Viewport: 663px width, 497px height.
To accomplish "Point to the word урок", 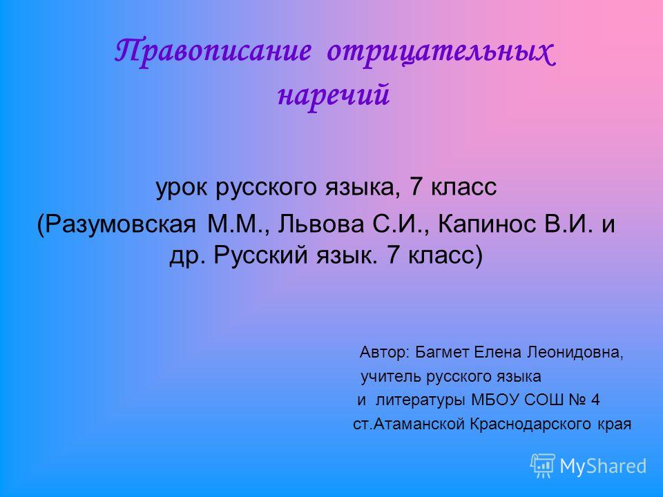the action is click(x=182, y=188).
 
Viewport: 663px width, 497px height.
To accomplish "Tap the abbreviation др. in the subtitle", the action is click(x=188, y=255).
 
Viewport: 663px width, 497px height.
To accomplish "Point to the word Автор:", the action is click(x=385, y=352).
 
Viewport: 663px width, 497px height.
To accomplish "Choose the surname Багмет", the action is click(x=442, y=352).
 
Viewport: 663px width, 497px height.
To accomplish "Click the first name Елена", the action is click(x=498, y=352).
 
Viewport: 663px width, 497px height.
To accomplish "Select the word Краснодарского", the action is click(x=530, y=424).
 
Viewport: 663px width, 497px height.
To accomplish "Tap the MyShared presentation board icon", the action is click(x=543, y=466).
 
